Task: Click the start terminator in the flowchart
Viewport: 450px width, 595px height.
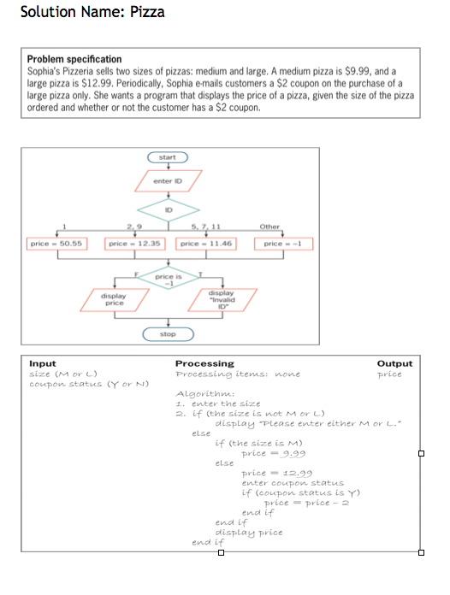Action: [168, 157]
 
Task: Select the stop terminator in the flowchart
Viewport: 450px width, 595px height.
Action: [168, 334]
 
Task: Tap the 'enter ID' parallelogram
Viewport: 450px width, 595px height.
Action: [168, 181]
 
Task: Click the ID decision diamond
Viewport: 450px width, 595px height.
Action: [168, 207]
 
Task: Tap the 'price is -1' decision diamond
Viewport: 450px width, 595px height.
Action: [168, 279]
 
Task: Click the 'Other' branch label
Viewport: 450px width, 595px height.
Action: [269, 227]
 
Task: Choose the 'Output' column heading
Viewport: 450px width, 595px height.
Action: [394, 363]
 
